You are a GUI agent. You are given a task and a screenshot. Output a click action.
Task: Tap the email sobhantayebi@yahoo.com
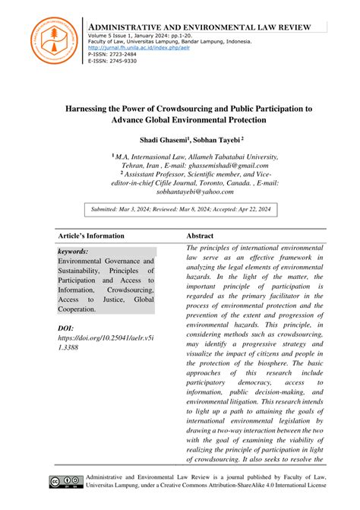pyautogui.click(x=180, y=193)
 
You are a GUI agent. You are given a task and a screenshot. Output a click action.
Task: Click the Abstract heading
pyautogui.click(x=200, y=236)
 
